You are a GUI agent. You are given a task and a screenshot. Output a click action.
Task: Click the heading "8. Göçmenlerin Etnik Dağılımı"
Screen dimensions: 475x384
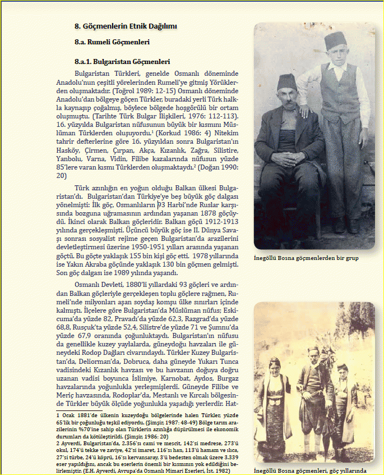pyautogui.click(x=126, y=26)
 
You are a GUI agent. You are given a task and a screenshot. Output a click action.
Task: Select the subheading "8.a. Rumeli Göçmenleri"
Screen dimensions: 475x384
pyautogui.click(x=112, y=42)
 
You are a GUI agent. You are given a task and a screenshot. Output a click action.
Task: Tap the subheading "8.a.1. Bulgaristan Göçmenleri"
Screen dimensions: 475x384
pyautogui.click(x=122, y=62)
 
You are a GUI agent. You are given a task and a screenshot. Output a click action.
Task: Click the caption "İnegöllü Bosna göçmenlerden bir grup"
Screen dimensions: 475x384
pyautogui.click(x=306, y=258)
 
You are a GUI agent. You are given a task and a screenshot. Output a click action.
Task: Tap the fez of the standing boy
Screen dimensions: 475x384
pyautogui.click(x=336, y=40)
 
